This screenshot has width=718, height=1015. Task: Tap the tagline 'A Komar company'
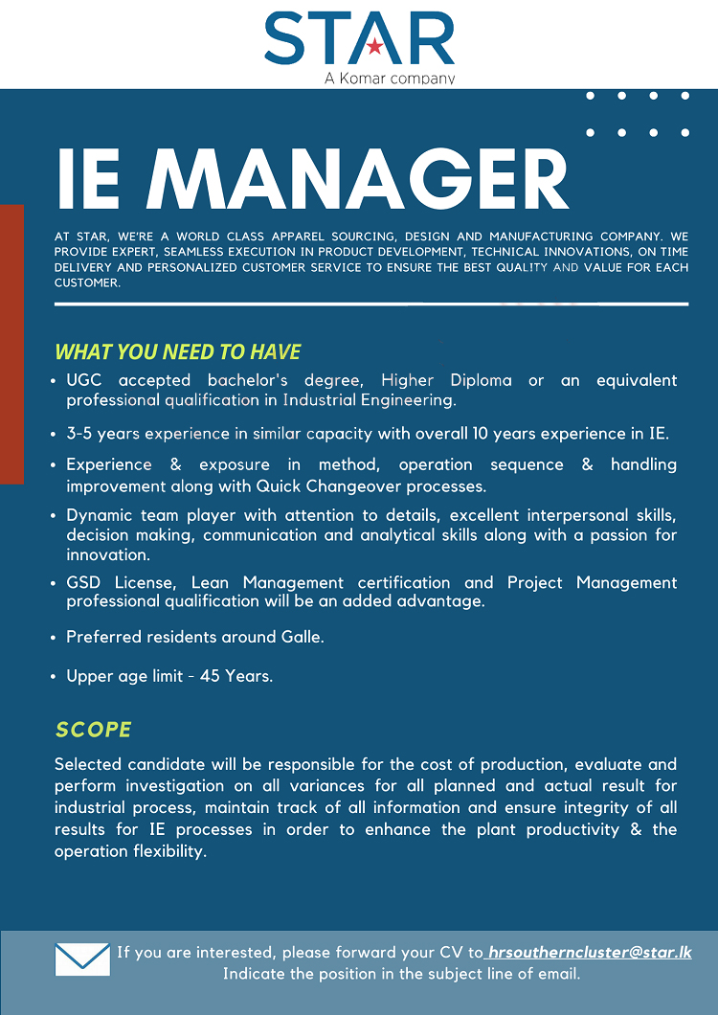click(390, 78)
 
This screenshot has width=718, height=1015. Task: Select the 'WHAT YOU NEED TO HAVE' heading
click(178, 351)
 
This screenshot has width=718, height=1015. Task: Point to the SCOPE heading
click(94, 730)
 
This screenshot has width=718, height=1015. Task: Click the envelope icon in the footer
click(82, 959)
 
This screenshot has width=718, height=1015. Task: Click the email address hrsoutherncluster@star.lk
click(589, 953)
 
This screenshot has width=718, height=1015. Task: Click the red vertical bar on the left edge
click(12, 344)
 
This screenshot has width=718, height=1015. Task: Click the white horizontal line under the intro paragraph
click(371, 304)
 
